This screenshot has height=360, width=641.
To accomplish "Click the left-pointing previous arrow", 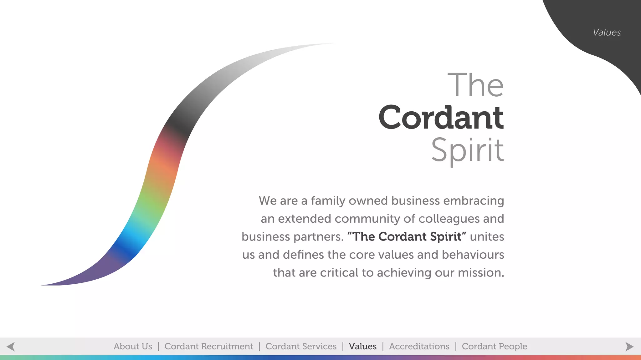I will [11, 347].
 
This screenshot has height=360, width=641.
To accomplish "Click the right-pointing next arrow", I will [629, 347].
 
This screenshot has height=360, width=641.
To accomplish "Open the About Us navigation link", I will [133, 347].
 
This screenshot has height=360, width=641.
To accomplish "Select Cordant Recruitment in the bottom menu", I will [209, 347].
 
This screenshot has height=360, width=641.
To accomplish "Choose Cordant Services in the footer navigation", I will [301, 347].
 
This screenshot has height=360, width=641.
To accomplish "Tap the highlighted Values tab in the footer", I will [363, 347].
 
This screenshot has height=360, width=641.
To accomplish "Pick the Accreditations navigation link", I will [419, 347].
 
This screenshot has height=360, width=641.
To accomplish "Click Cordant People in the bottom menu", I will [495, 347].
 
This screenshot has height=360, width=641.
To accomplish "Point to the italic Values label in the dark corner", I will [607, 33].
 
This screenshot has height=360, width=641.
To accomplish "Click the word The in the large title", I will [476, 85].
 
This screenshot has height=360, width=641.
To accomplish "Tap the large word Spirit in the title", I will [468, 150].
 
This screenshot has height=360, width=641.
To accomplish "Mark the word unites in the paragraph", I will [487, 237].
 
